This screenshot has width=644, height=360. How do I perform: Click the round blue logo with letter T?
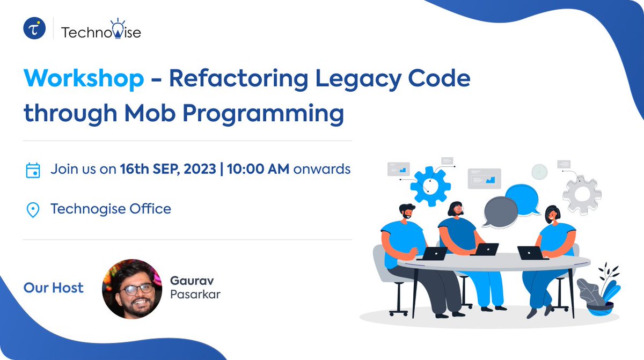[x=34, y=28]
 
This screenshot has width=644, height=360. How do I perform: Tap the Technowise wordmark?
[x=101, y=32]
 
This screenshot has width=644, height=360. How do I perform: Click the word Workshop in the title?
[x=84, y=79]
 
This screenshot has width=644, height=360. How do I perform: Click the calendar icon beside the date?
[x=33, y=171]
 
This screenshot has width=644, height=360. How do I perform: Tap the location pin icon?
[x=33, y=210]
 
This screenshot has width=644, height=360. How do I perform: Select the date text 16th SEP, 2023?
[x=168, y=170]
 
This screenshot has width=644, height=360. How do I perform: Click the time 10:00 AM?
[x=258, y=170]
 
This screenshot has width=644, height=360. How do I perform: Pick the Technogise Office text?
[x=111, y=209]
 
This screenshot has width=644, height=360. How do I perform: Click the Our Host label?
[x=54, y=288]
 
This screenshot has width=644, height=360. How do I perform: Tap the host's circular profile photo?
[x=132, y=289]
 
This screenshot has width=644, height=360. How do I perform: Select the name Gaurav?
[x=188, y=281]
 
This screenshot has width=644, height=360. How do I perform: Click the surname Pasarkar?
[x=195, y=295]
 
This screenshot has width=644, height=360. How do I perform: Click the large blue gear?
[x=429, y=187]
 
